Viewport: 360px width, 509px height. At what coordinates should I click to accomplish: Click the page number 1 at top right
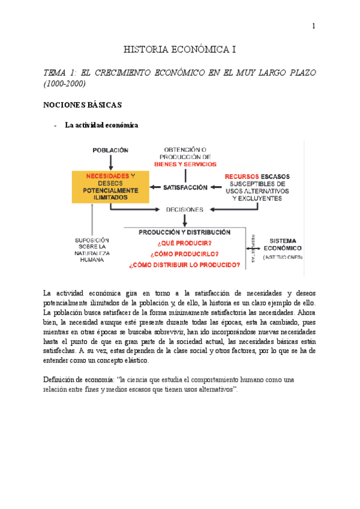[x=313, y=26]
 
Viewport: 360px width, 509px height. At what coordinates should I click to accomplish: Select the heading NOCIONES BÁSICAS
[x=83, y=105]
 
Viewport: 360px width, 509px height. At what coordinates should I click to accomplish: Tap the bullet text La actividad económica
[x=101, y=125]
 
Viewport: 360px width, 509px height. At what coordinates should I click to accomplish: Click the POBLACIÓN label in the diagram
[x=110, y=149]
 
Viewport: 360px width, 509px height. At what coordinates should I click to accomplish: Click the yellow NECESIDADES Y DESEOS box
[x=110, y=186]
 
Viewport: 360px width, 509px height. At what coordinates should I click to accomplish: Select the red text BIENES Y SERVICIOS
[x=185, y=163]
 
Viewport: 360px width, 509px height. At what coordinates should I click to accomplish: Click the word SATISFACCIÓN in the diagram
[x=185, y=187]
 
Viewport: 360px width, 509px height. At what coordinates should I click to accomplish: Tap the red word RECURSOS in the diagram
[x=241, y=176]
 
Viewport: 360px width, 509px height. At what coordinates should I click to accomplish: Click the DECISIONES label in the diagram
[x=185, y=209]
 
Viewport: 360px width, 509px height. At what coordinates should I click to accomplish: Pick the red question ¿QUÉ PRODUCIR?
[x=184, y=243]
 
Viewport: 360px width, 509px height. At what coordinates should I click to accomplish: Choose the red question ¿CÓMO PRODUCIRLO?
[x=184, y=254]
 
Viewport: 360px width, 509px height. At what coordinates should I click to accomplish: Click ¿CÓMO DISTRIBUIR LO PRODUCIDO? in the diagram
[x=184, y=265]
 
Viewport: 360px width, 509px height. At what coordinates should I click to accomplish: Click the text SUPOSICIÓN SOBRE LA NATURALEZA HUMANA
[x=92, y=249]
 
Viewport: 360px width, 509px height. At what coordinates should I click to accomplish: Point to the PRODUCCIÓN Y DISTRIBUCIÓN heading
[x=184, y=232]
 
